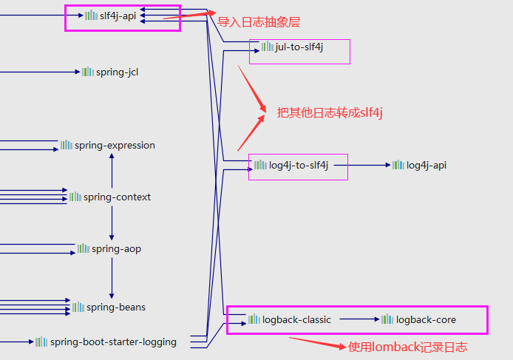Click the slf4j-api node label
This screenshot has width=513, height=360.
pos(118,15)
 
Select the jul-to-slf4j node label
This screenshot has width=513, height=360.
pos(299,47)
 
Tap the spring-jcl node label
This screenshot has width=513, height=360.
pos(117,72)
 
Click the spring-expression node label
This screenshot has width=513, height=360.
pos(115,146)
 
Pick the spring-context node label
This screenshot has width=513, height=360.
pos(117,197)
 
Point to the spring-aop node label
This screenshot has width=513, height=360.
pos(116,249)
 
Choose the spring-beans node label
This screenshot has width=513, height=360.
pos(116,307)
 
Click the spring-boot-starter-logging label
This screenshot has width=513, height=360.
pos(113,342)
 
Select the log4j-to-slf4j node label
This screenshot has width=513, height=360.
pos(301,165)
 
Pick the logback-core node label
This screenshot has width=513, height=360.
pos(426,319)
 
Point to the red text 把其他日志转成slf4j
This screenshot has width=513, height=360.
pos(329,112)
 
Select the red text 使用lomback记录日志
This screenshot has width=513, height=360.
pos(407,347)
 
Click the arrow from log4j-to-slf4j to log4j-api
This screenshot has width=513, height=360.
pos(369,165)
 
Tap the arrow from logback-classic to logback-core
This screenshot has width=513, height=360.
pos(359,319)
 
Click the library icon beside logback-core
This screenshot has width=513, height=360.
pos(387,319)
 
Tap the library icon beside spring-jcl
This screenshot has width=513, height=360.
pos(88,72)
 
